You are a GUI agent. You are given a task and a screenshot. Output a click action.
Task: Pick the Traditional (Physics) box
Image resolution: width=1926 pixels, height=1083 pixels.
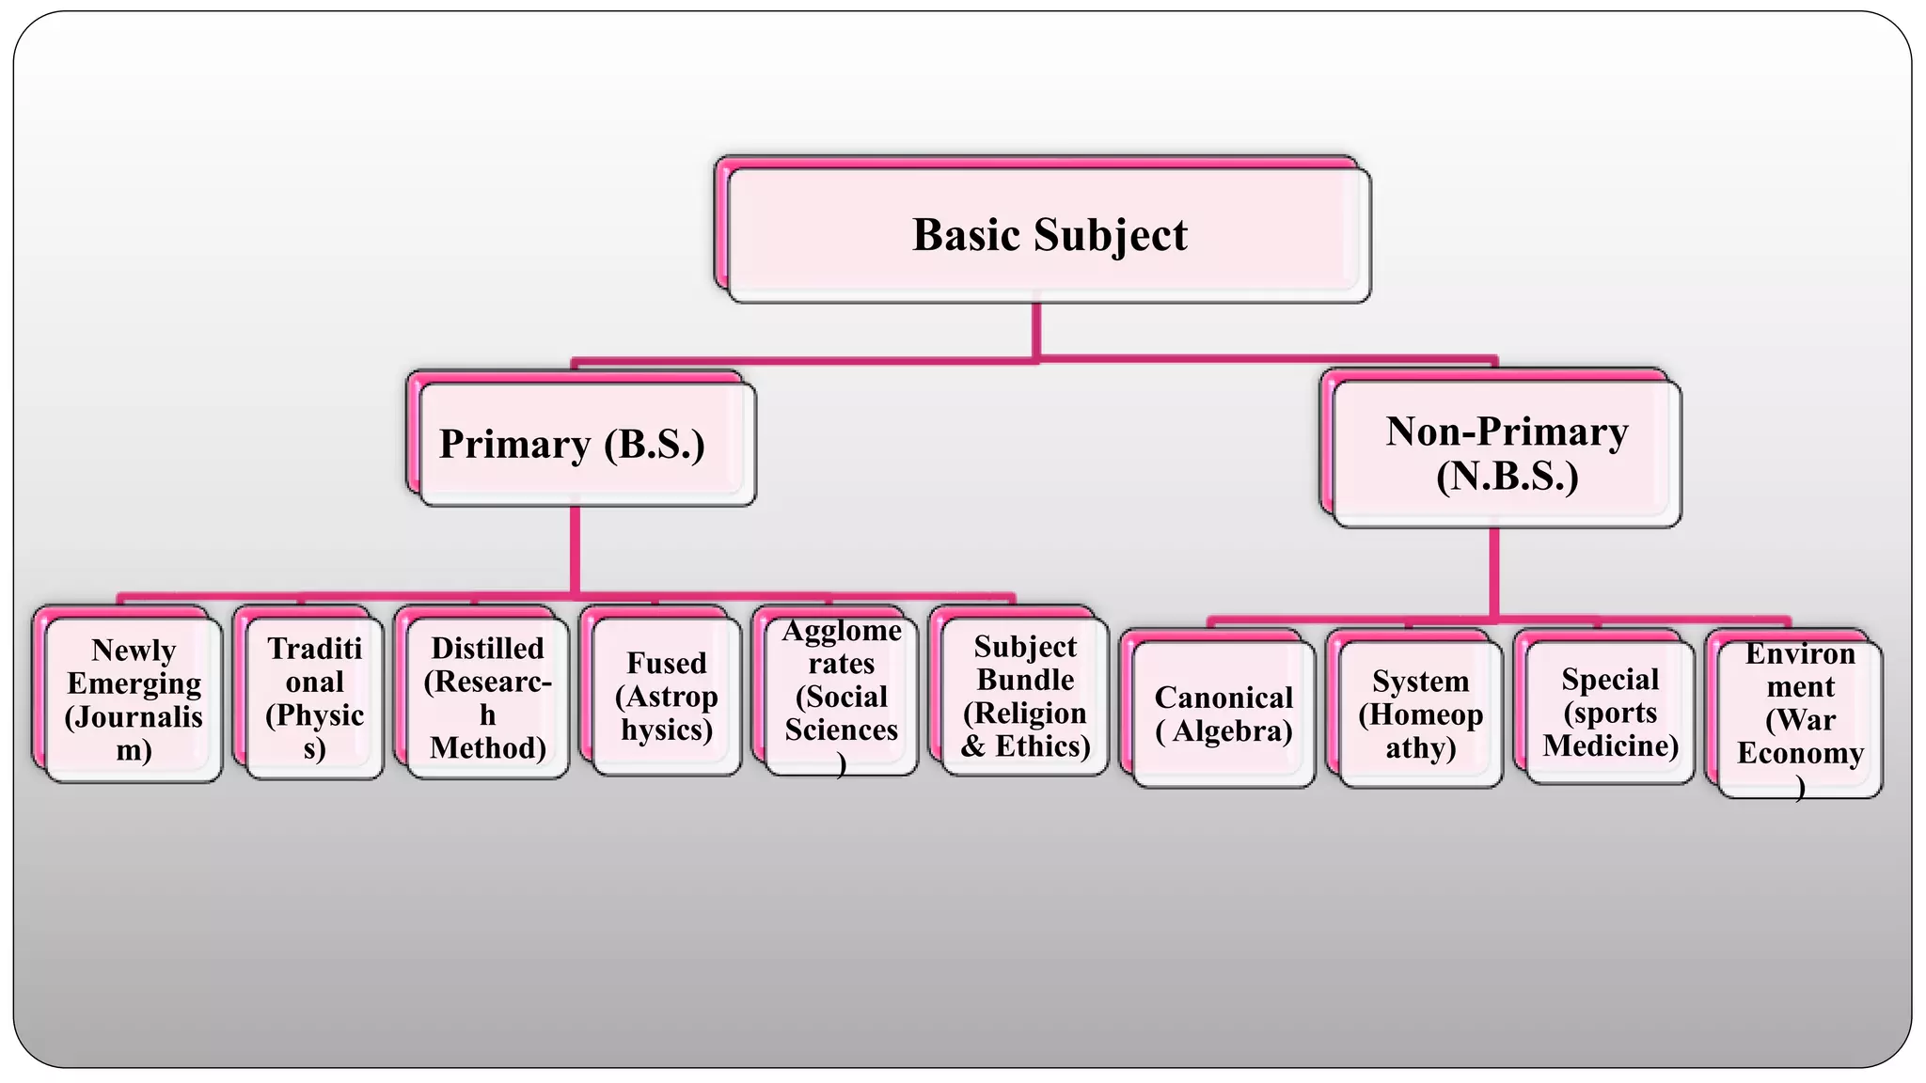point(314,698)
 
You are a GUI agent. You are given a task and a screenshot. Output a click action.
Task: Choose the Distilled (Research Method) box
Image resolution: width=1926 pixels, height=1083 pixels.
point(487,698)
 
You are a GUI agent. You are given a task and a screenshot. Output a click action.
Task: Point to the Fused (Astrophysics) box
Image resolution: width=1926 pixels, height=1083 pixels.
point(666,696)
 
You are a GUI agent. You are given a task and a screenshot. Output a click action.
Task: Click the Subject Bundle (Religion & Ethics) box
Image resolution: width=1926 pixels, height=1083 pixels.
point(1025,696)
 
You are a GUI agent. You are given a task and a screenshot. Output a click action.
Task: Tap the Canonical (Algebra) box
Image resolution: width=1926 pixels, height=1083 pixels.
point(1223,714)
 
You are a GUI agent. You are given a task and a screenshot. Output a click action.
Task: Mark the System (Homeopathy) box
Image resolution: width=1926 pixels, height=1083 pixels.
point(1420,714)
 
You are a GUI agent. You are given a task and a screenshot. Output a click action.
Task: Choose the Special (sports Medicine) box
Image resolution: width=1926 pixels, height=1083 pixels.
point(1610,712)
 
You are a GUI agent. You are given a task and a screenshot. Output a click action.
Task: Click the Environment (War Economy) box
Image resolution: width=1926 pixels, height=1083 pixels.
point(1800,719)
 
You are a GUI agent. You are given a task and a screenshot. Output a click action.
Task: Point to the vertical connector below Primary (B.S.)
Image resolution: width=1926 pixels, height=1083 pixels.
point(575,550)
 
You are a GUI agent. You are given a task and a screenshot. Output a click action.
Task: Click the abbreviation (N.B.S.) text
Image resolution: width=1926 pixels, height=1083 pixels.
point(1507,476)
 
